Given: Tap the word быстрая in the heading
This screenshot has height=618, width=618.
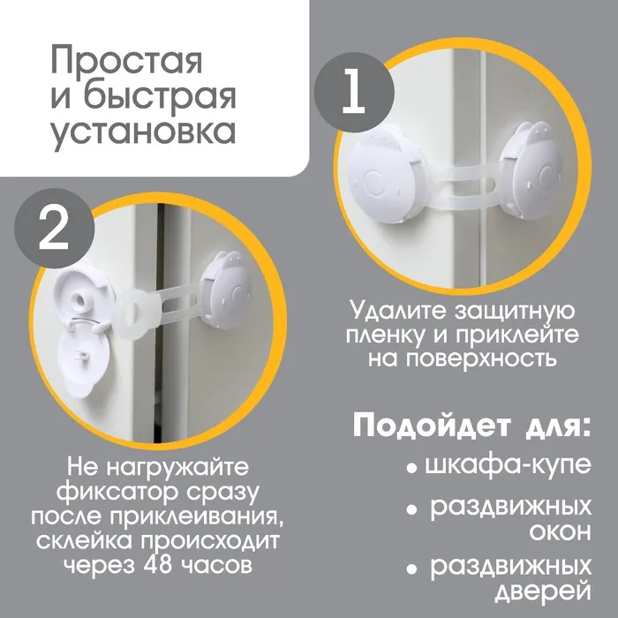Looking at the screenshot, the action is [x=160, y=96].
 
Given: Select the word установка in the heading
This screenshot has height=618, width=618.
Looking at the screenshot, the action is [x=143, y=132].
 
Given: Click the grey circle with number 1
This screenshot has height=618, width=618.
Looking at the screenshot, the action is [x=354, y=93].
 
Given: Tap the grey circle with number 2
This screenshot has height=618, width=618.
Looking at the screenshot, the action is [x=55, y=229].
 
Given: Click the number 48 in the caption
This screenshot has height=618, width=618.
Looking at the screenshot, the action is [x=159, y=565].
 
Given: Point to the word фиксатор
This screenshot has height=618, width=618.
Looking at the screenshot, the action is [x=117, y=492].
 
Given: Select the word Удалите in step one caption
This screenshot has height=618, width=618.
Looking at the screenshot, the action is [x=399, y=313].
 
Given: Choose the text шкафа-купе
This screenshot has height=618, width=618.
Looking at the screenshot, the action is [x=509, y=466].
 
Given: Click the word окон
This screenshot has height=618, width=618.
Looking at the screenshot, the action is [x=560, y=532].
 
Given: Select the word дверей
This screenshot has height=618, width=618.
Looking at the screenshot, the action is [x=543, y=592].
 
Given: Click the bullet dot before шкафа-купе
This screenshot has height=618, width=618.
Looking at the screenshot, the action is [x=411, y=469].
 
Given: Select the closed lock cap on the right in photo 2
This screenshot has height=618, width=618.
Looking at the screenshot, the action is [x=224, y=290].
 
